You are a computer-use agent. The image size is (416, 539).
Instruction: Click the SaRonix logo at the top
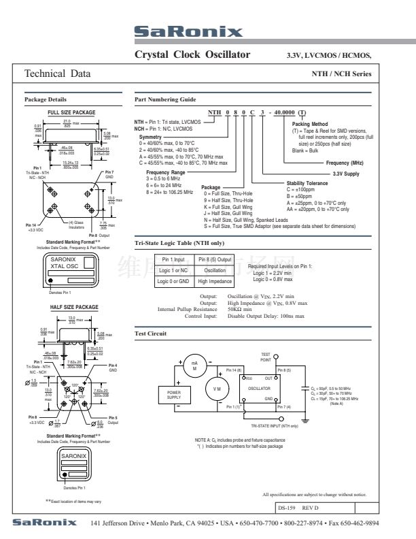click(x=188, y=32)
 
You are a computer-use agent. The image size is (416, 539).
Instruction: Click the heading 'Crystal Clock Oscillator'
click(x=192, y=54)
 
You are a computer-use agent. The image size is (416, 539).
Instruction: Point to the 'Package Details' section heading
click(x=46, y=99)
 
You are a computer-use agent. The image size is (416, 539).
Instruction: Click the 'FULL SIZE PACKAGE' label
click(x=71, y=112)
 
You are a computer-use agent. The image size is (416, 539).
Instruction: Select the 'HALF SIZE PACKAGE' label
click(x=74, y=307)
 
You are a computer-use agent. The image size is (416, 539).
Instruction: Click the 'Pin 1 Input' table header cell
click(x=174, y=259)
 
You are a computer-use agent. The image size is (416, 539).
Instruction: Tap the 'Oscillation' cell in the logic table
click(x=215, y=269)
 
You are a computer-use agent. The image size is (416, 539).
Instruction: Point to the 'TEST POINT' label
click(x=266, y=357)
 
